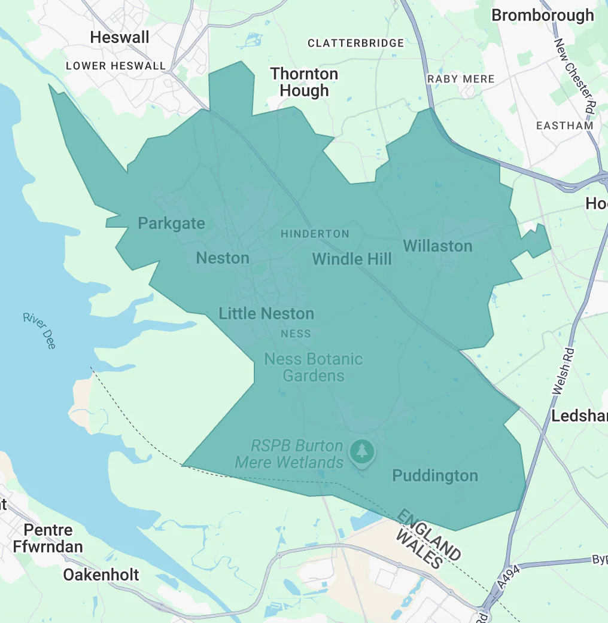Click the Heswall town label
[x=120, y=38]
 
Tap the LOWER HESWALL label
[x=115, y=66]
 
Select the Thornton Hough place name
[x=304, y=82]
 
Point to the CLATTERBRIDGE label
[x=355, y=43]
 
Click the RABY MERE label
[x=461, y=79]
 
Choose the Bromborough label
[x=543, y=16]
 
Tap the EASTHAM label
[x=565, y=126]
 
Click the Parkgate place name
[x=171, y=224]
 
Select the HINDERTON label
[x=315, y=234]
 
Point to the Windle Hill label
[x=352, y=259]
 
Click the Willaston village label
[x=437, y=246]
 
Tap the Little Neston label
[x=266, y=313]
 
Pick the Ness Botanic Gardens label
[x=314, y=367]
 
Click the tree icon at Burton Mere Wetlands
[x=361, y=451]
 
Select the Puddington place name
[x=435, y=476]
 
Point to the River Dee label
[x=39, y=331]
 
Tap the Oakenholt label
[x=101, y=575]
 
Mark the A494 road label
[x=509, y=577]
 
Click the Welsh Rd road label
[x=563, y=371]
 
